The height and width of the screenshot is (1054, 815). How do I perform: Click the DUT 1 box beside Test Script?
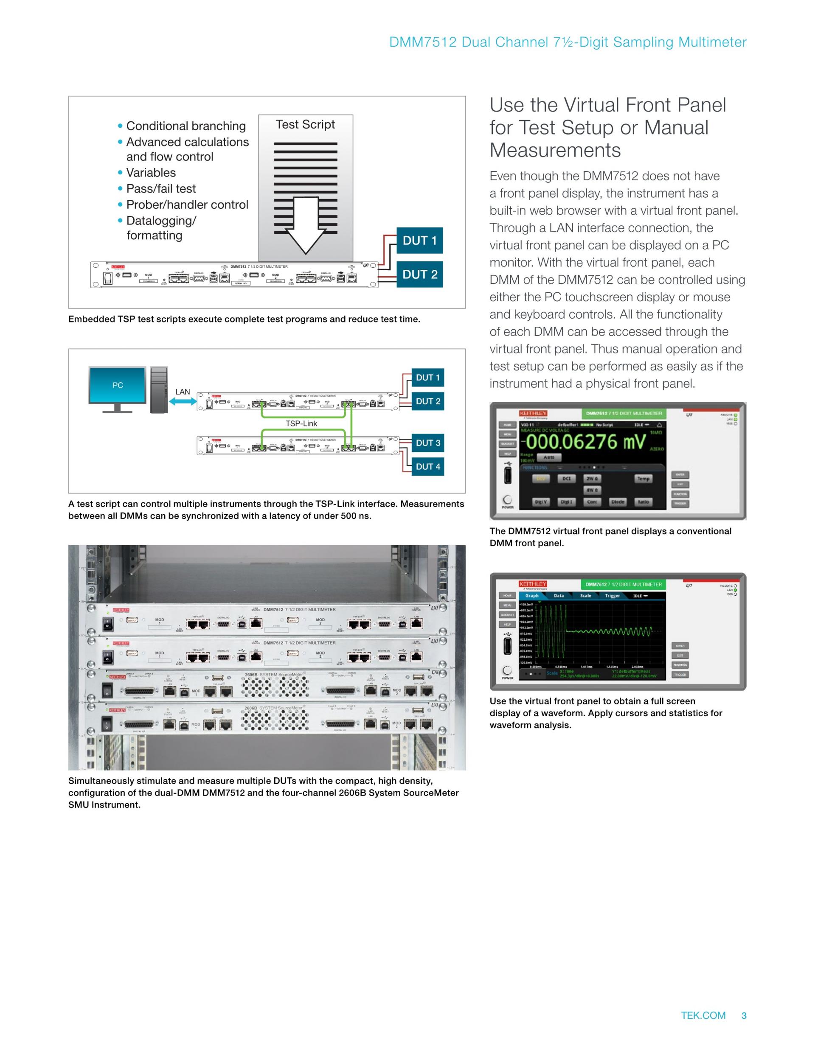419,240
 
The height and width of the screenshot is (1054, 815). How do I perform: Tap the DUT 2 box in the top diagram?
419,274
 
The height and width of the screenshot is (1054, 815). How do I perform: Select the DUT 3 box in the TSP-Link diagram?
427,443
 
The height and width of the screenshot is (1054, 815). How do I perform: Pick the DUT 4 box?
427,466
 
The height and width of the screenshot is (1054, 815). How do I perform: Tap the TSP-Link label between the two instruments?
301,423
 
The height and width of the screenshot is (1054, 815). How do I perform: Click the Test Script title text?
305,124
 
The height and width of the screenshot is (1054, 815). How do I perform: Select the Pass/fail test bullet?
161,189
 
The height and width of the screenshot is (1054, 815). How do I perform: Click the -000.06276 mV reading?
585,442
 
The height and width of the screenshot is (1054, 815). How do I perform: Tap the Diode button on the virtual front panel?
618,502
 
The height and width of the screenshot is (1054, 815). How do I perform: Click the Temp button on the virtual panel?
643,479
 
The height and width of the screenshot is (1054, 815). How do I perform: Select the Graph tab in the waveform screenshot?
531,596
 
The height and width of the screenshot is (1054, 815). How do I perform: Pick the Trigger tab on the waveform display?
612,596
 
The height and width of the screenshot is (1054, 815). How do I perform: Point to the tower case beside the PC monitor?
159,390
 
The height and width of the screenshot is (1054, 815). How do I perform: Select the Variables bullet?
151,173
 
